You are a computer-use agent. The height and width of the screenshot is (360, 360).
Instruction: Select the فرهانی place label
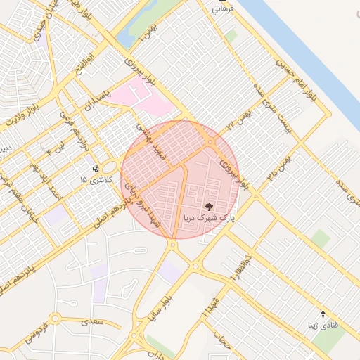pyautogui.click(x=223, y=10)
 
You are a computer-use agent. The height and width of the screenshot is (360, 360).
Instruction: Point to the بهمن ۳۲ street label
pyautogui.click(x=239, y=120)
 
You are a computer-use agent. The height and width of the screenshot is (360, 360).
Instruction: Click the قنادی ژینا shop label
pyautogui.click(x=323, y=326)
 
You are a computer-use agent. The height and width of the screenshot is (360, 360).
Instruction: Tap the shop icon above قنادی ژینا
pyautogui.click(x=323, y=314)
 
